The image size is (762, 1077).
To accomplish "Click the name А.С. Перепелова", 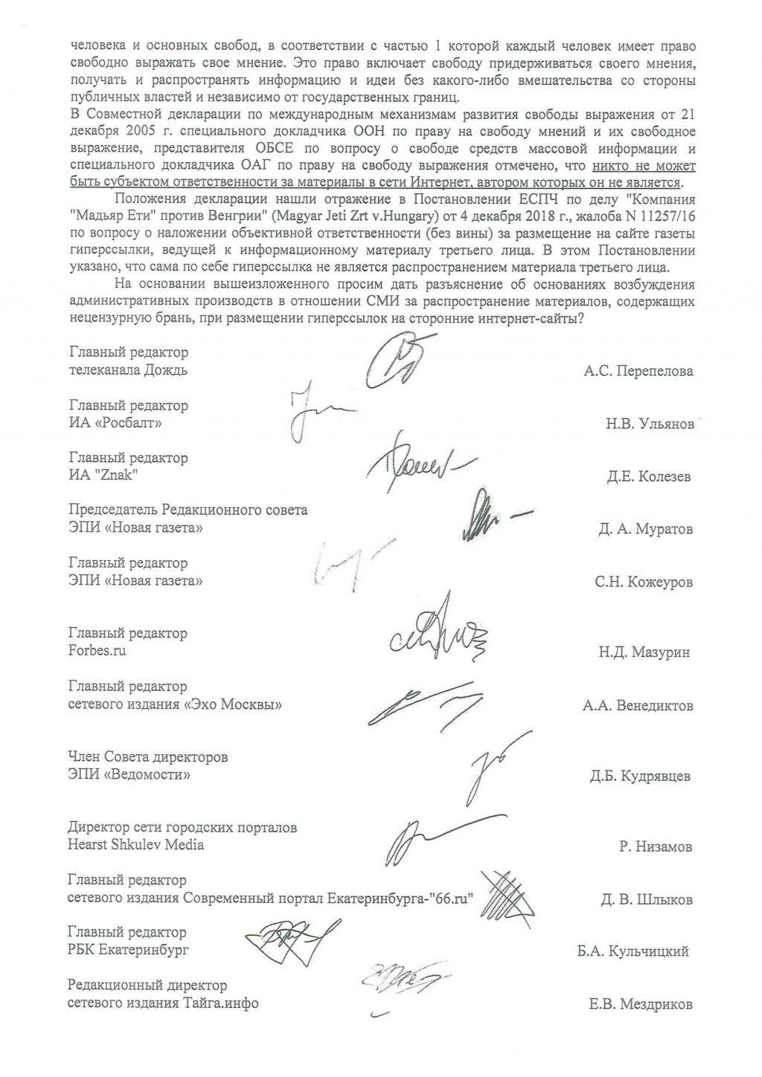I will pyautogui.click(x=638, y=371).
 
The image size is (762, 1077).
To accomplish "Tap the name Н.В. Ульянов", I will pyautogui.click(x=650, y=424).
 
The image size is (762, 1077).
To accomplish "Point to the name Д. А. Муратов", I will pyautogui.click(x=644, y=530).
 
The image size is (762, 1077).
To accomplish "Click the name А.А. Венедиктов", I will pyautogui.click(x=638, y=705).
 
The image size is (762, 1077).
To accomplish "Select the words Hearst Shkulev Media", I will pyautogui.click(x=135, y=845).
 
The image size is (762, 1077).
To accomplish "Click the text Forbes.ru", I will pyautogui.click(x=97, y=651).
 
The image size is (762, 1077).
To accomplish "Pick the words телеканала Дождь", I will pyautogui.click(x=128, y=370).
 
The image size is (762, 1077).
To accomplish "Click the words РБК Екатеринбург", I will pyautogui.click(x=128, y=950).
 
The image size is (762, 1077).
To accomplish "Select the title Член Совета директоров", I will pyautogui.click(x=147, y=757).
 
